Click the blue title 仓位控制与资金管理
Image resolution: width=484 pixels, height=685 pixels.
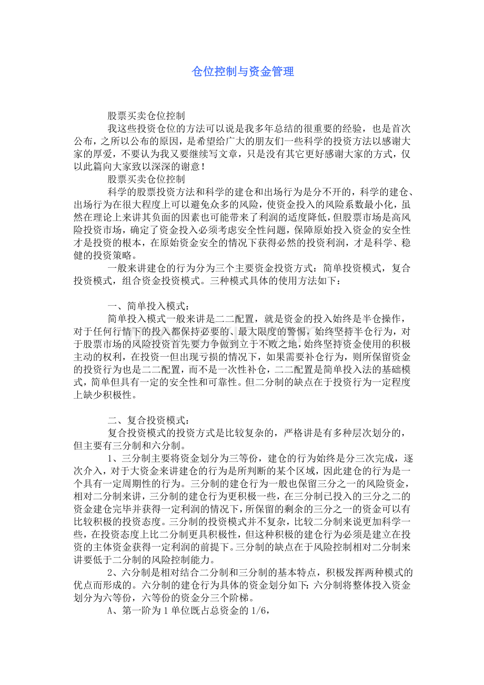pyautogui.click(x=243, y=72)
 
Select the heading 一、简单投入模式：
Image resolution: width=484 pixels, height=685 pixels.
pyautogui.click(x=149, y=306)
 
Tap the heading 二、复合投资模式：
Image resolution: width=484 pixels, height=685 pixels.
pyautogui.click(x=149, y=420)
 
